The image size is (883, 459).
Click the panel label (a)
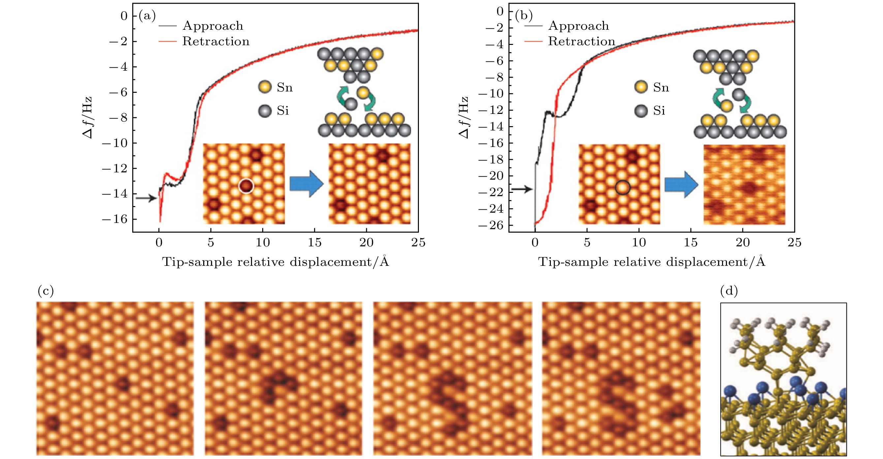point(147,16)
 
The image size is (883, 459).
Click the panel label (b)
point(523,16)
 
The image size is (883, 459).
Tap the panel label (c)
point(46,291)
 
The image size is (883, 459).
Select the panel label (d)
point(729,291)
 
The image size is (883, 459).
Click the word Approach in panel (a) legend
point(213,26)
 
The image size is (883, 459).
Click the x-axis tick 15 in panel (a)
point(314,242)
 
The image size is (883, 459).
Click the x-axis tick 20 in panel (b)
point(742,242)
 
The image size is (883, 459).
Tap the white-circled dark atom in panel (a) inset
point(246,186)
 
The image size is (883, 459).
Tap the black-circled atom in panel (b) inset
point(622,188)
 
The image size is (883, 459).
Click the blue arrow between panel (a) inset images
point(306,184)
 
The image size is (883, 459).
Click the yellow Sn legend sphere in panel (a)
point(265,87)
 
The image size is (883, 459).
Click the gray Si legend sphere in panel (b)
point(641,111)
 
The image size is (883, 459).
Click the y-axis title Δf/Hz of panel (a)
point(88,118)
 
